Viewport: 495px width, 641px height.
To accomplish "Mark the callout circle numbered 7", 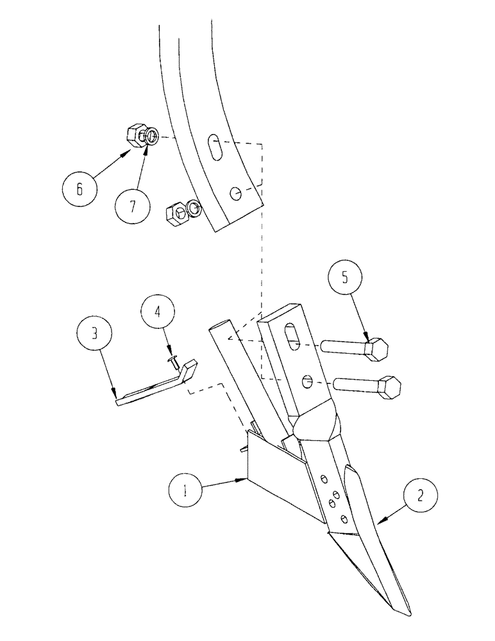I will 133,206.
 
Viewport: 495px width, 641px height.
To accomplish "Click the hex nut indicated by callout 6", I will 135,135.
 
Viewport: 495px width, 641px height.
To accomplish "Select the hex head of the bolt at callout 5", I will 376,349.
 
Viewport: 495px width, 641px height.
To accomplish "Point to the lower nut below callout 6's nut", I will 176,213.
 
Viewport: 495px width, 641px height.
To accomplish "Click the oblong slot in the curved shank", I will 215,149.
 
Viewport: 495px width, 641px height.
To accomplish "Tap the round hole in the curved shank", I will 235,192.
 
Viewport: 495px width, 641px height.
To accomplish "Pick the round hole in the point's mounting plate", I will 308,381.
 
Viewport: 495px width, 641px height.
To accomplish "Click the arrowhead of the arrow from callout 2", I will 381,524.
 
